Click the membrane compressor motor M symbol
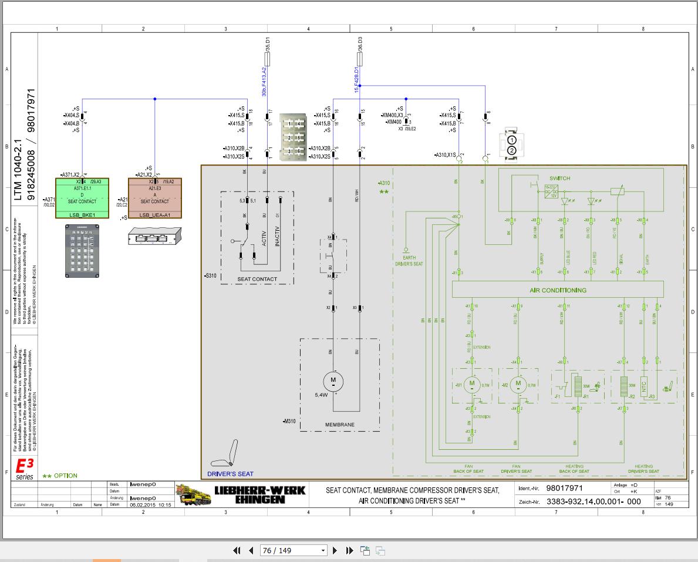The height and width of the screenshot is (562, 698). point(333,381)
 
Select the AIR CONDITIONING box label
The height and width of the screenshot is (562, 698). point(558,290)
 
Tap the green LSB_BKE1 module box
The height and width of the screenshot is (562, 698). point(82,198)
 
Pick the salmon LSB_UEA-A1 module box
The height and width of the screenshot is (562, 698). point(155,198)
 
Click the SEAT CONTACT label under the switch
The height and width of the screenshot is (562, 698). point(257,279)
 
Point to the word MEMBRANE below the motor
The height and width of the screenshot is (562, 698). point(339,425)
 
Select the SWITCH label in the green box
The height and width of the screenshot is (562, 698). point(559,178)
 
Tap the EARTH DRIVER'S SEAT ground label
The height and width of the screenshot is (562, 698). point(409,261)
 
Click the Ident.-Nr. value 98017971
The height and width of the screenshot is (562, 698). point(564,488)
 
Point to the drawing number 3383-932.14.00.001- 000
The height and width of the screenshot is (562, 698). point(594,502)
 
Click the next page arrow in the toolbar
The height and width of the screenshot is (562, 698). point(335,550)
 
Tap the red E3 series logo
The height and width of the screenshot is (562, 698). point(25,467)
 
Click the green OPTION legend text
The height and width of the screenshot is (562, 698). point(60,476)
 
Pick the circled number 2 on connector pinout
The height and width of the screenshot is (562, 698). point(512,150)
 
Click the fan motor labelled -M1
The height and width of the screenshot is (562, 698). point(471,385)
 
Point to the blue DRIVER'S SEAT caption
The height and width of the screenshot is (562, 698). point(230,474)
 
